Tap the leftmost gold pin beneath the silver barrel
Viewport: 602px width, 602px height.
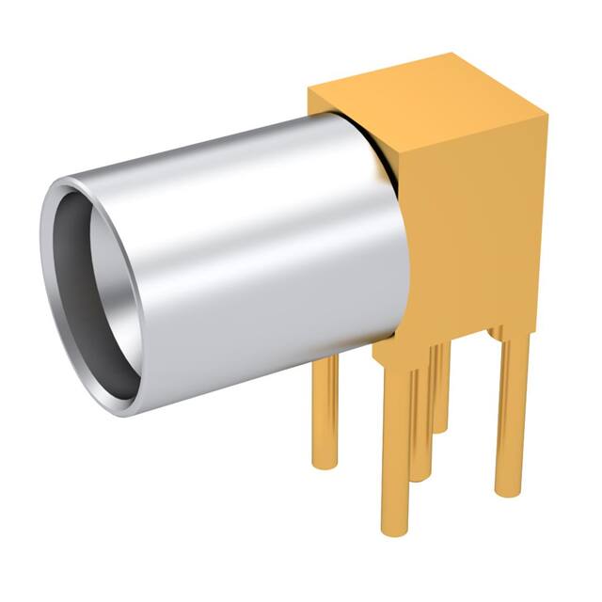[x=325, y=414]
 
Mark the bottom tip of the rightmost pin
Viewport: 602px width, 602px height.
[x=508, y=489]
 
